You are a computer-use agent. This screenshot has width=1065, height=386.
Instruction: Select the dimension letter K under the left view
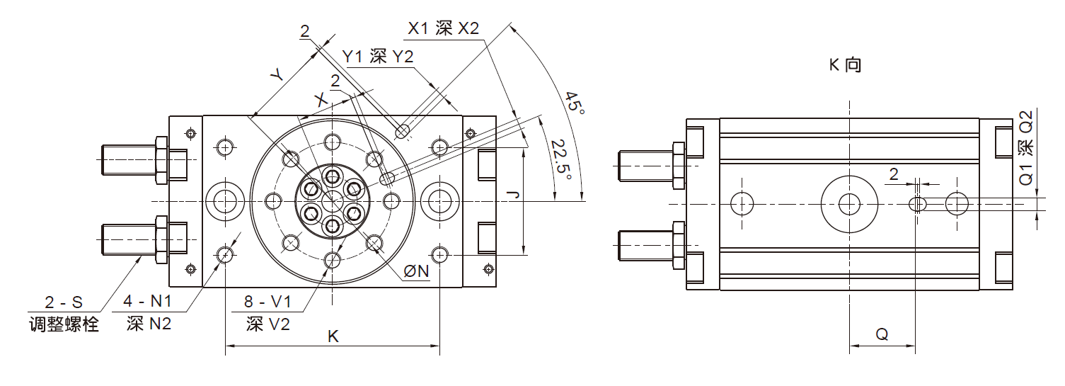[x=333, y=336]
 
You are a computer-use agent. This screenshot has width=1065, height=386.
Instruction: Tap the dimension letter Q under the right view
[x=882, y=334]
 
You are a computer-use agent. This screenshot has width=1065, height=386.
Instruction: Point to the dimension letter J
[x=513, y=194]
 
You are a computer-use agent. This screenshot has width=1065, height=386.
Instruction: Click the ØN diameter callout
[x=417, y=271]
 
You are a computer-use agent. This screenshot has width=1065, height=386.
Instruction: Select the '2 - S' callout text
[x=64, y=302]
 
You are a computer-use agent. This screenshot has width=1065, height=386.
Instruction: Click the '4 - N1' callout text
[x=147, y=301]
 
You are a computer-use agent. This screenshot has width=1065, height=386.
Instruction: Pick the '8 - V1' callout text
[x=267, y=301]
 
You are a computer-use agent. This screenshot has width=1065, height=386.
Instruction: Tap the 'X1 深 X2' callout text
[x=444, y=28]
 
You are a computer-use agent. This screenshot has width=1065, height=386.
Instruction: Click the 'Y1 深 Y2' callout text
[x=378, y=57]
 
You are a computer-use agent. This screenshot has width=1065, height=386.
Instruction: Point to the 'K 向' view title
[x=846, y=64]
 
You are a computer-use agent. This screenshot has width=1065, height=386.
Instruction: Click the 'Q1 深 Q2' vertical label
[x=1027, y=147]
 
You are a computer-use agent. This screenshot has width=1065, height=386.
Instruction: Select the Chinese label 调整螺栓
[x=64, y=324]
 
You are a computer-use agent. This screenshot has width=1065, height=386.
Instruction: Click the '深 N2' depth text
[x=149, y=324]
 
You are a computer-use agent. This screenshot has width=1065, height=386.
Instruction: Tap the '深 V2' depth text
[x=268, y=324]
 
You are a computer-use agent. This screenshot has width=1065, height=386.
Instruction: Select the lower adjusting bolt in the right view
[x=652, y=246]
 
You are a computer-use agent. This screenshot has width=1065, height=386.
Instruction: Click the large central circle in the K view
[x=850, y=205]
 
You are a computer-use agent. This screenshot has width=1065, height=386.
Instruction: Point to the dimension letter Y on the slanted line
[x=277, y=74]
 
